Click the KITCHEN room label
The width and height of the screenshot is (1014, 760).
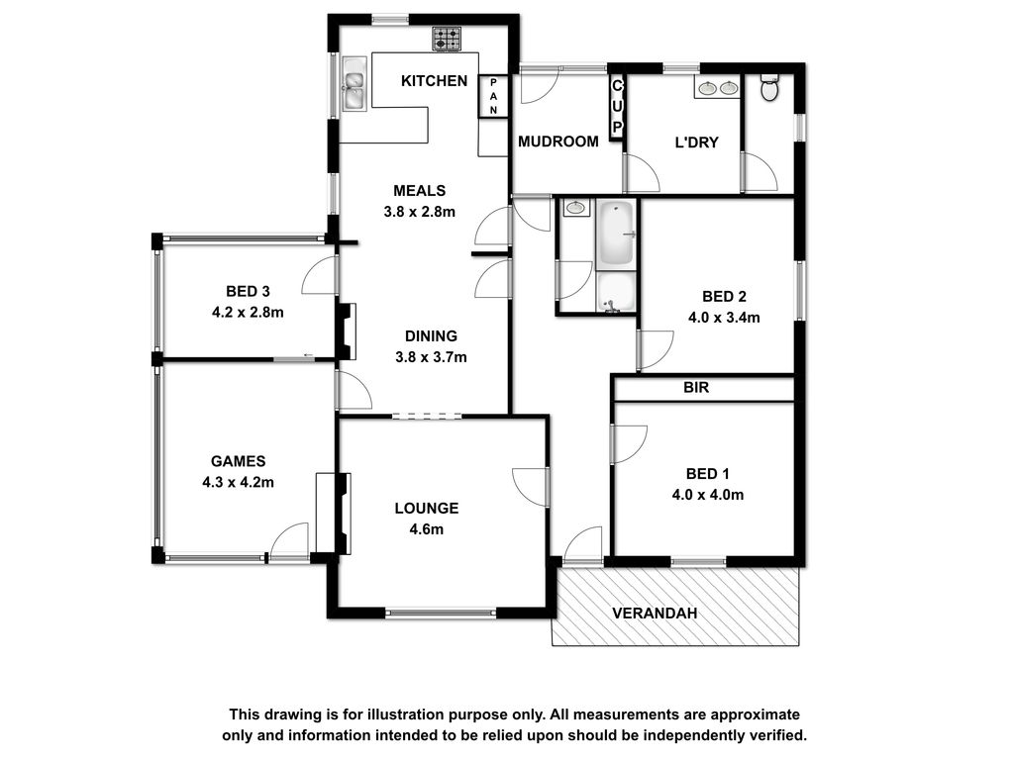pyautogui.click(x=434, y=81)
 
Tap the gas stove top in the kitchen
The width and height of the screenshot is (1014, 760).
pyautogui.click(x=447, y=39)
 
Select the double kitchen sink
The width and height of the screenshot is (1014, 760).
pyautogui.click(x=355, y=84)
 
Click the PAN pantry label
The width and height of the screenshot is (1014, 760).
pyautogui.click(x=493, y=96)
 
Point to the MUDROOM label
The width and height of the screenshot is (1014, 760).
pyautogui.click(x=558, y=142)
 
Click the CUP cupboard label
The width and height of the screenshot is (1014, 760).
pyautogui.click(x=617, y=106)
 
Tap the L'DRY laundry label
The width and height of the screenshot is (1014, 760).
pyautogui.click(x=696, y=142)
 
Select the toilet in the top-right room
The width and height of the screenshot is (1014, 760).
pyautogui.click(x=768, y=88)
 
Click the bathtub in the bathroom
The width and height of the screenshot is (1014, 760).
pyautogui.click(x=616, y=235)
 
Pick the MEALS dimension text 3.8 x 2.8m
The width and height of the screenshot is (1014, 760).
pyautogui.click(x=419, y=212)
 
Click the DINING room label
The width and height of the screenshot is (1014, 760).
pyautogui.click(x=431, y=336)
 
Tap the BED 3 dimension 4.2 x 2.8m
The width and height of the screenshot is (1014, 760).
pyautogui.click(x=248, y=312)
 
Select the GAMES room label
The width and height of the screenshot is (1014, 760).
pyautogui.click(x=238, y=461)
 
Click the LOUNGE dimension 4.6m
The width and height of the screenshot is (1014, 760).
pyautogui.click(x=426, y=529)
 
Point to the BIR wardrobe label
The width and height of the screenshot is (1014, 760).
pyautogui.click(x=696, y=387)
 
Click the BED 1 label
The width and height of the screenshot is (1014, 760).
pyautogui.click(x=707, y=474)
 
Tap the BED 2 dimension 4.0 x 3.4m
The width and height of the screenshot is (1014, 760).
pyautogui.click(x=724, y=318)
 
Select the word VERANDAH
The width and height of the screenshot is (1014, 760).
pyautogui.click(x=655, y=614)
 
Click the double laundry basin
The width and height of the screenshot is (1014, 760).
pyautogui.click(x=717, y=87)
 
